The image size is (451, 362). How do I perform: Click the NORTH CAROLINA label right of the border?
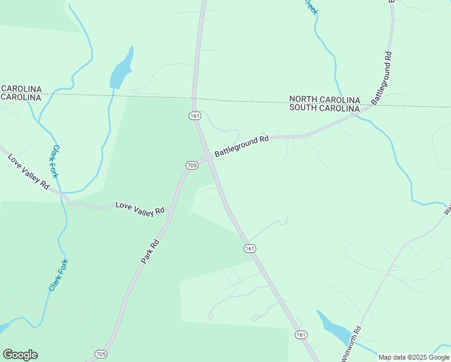(x=324, y=100)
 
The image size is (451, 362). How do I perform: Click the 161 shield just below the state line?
(x=194, y=115)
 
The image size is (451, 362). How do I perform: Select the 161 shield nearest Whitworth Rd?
(x=301, y=335)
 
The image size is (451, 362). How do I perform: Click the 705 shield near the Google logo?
(x=101, y=354)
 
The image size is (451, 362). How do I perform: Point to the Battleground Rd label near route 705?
(x=241, y=147)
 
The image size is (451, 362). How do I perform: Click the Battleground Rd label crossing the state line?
(x=382, y=78)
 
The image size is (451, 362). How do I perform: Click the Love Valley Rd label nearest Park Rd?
(x=139, y=208)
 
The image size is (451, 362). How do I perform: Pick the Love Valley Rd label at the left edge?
(x=28, y=171)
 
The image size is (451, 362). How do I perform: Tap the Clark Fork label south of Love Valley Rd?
(x=58, y=276)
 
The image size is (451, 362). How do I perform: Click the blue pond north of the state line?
(x=120, y=71)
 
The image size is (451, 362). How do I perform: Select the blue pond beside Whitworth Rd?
(x=334, y=328)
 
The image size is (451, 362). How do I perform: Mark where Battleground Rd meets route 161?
(x=210, y=158)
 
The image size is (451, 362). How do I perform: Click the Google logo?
(x=20, y=355)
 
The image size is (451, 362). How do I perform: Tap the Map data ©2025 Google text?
(x=414, y=357)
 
